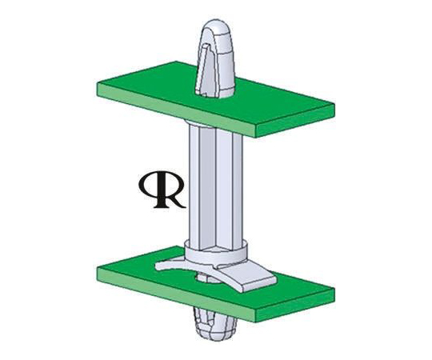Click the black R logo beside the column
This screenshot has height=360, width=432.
(162, 190)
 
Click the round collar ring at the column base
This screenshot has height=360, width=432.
(216, 251)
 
